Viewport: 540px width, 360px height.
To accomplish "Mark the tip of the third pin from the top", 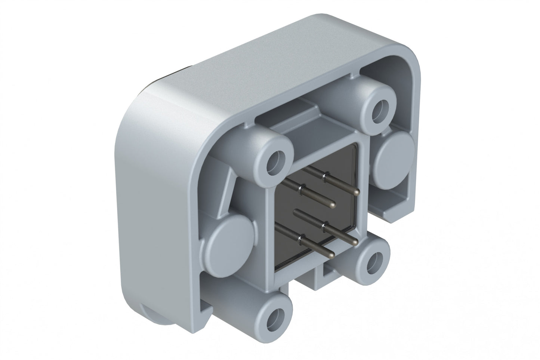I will click(x=354, y=242).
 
